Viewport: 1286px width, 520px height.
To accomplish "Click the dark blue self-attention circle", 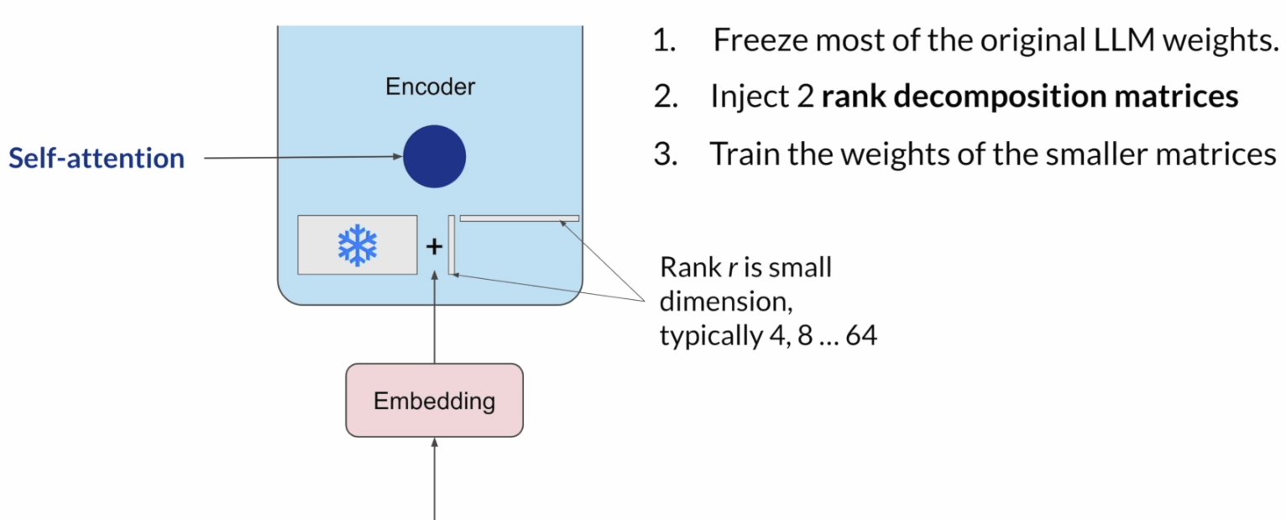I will click(434, 156).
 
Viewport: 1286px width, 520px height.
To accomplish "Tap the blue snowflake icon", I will click(358, 244).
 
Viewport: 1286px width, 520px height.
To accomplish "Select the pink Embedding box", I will click(434, 401).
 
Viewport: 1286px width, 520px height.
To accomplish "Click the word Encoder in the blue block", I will click(430, 87).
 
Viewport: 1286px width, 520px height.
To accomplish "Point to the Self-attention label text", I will click(97, 158).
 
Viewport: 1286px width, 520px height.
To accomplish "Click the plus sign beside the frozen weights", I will click(434, 247).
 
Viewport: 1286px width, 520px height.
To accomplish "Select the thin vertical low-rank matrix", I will click(452, 244).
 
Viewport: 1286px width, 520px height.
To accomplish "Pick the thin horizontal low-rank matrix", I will click(519, 218).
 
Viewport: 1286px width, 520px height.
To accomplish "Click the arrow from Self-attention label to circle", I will click(302, 157).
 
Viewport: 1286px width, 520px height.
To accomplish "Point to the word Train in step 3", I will click(744, 155).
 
